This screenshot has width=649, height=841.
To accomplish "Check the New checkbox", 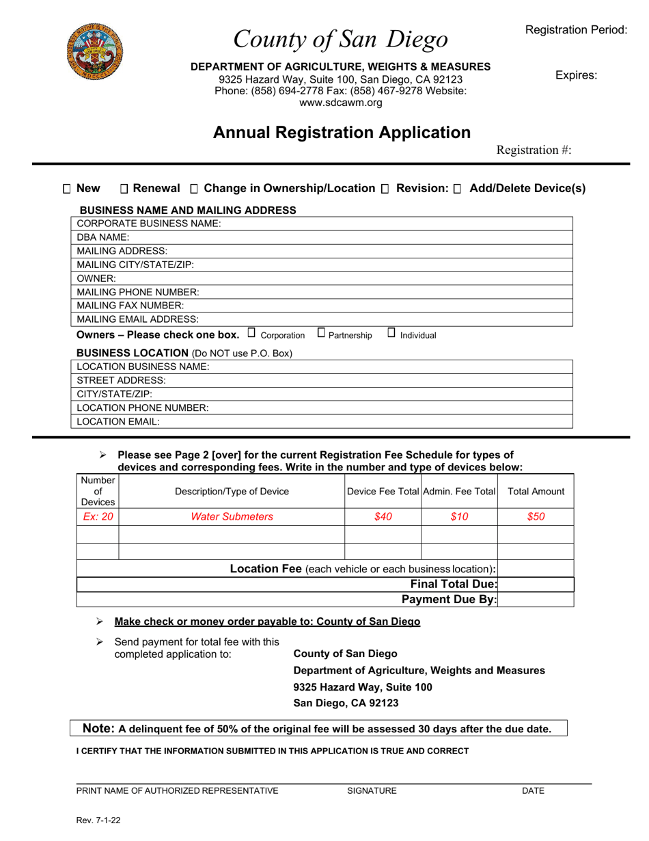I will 67,189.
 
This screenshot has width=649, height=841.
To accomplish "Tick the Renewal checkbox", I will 124,189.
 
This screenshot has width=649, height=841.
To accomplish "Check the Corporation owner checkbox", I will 251,334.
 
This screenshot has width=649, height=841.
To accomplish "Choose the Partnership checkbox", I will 321,334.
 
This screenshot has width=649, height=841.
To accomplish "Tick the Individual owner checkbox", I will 391,334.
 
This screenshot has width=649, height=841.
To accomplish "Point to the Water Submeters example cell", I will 231,517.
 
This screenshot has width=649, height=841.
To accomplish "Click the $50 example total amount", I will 536,517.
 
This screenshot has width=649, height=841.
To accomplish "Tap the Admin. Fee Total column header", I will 459,492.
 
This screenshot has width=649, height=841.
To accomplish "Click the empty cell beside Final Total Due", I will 536,584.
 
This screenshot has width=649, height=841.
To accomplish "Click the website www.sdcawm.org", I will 340,103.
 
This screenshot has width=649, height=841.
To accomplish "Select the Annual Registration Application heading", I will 342,132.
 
